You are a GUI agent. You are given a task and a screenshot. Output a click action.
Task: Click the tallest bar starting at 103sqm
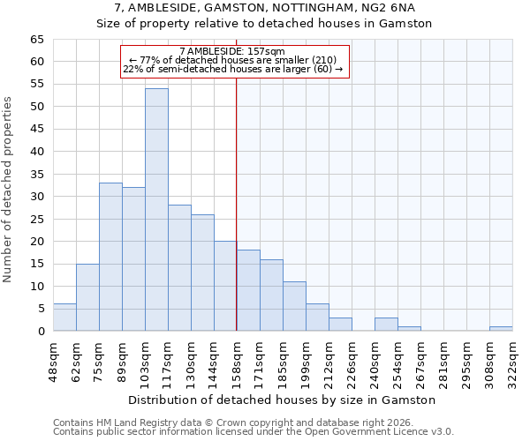click(x=156, y=210)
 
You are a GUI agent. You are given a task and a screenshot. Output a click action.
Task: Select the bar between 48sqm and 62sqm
click(x=64, y=318)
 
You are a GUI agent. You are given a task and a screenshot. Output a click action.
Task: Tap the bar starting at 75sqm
click(x=110, y=257)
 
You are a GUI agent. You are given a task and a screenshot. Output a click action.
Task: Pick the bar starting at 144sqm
click(x=225, y=286)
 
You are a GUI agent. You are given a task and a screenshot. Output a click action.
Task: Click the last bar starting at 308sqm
click(x=501, y=329)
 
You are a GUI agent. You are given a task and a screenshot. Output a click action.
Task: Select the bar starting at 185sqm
click(x=294, y=306)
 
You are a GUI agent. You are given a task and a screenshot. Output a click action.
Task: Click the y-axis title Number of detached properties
click(x=9, y=190)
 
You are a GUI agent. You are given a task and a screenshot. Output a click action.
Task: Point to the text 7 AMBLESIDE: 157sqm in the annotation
click(x=231, y=52)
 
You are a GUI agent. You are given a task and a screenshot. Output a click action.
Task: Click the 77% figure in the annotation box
click(x=148, y=60)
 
